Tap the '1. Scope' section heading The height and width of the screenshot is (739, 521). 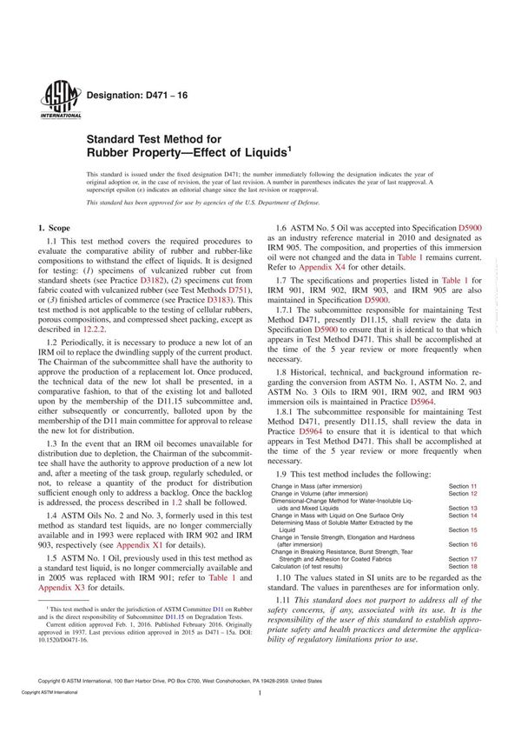(63, 228)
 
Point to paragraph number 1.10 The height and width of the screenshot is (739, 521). (286, 603)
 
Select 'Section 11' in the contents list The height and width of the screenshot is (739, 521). (462, 485)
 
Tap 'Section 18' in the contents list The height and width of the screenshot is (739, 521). (462, 591)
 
